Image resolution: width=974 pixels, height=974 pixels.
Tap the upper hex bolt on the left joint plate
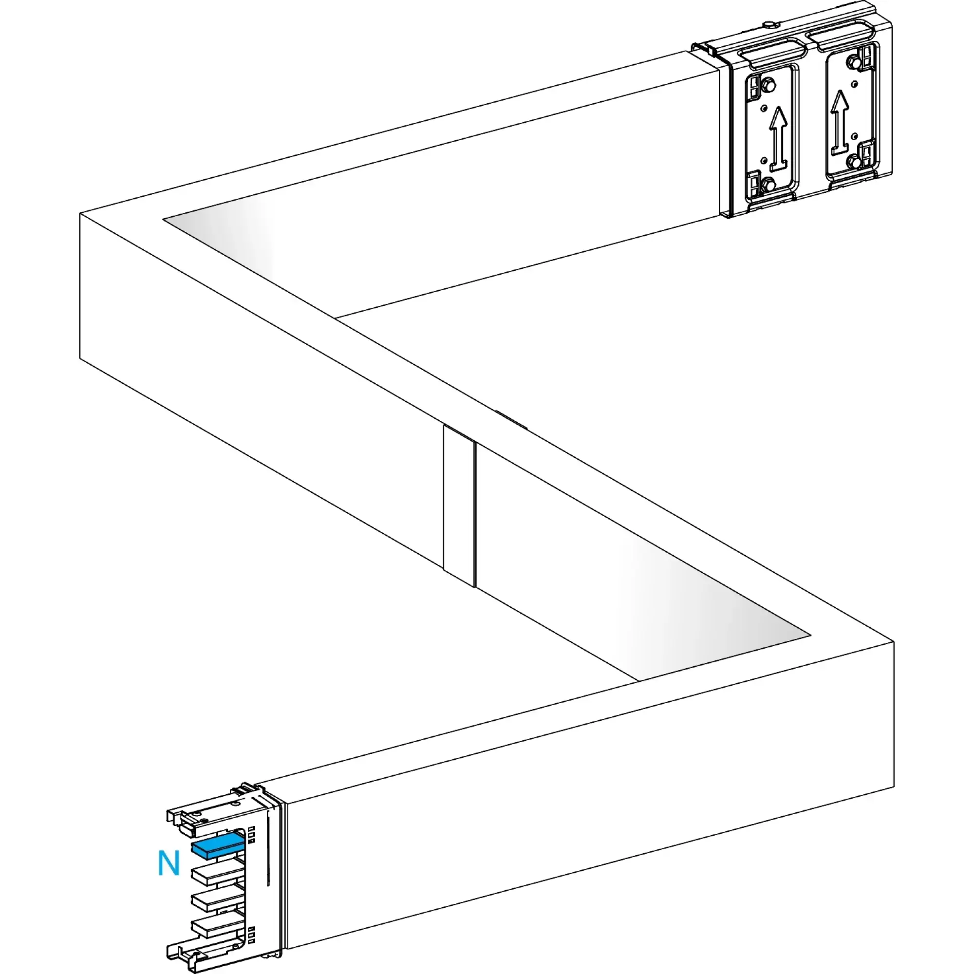point(768,86)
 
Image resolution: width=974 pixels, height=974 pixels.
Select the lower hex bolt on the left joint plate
point(768,185)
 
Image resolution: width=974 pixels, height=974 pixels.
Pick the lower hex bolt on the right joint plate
point(853,161)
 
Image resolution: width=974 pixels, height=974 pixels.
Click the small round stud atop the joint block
point(770,24)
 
